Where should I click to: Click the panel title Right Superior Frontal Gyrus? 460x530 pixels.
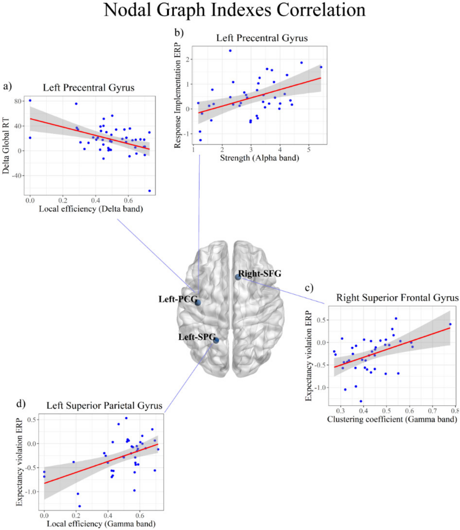(x=397, y=298)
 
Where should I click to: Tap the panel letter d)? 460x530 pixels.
(x=21, y=404)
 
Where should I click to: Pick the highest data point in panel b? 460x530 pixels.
(x=230, y=51)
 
